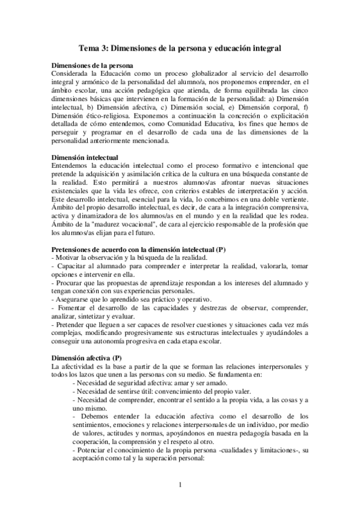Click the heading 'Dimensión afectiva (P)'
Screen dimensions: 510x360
pos(87,358)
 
